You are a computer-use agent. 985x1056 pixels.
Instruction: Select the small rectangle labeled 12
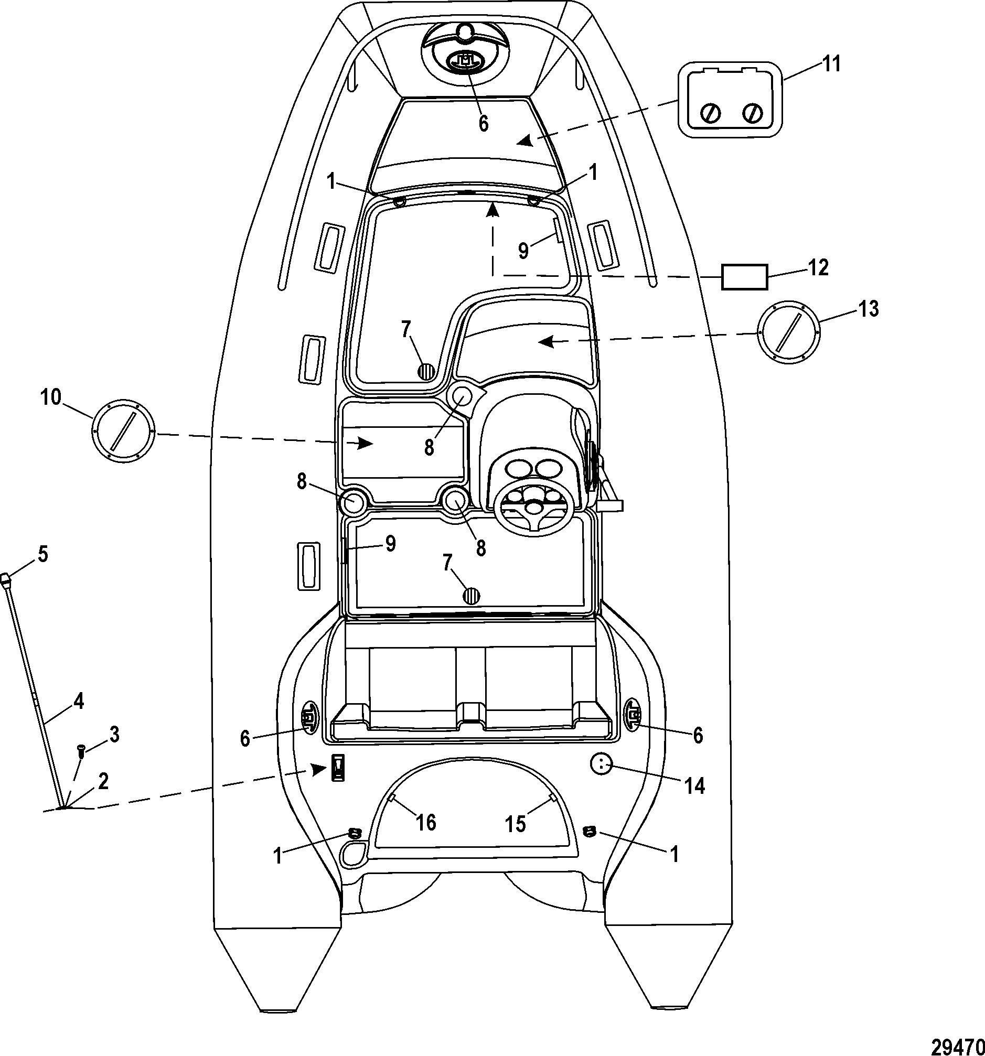[x=744, y=277]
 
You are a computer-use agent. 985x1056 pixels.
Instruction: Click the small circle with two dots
[x=602, y=766]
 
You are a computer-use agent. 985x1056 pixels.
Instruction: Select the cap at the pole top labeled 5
[x=7, y=579]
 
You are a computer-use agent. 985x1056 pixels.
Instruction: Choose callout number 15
[x=515, y=824]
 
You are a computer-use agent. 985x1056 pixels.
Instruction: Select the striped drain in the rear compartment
[x=471, y=596]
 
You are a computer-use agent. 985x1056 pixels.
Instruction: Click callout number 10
[x=51, y=397]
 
